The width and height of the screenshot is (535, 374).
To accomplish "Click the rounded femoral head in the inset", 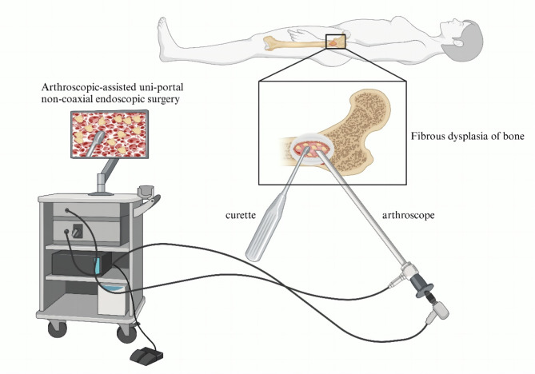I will [x=368, y=100].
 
